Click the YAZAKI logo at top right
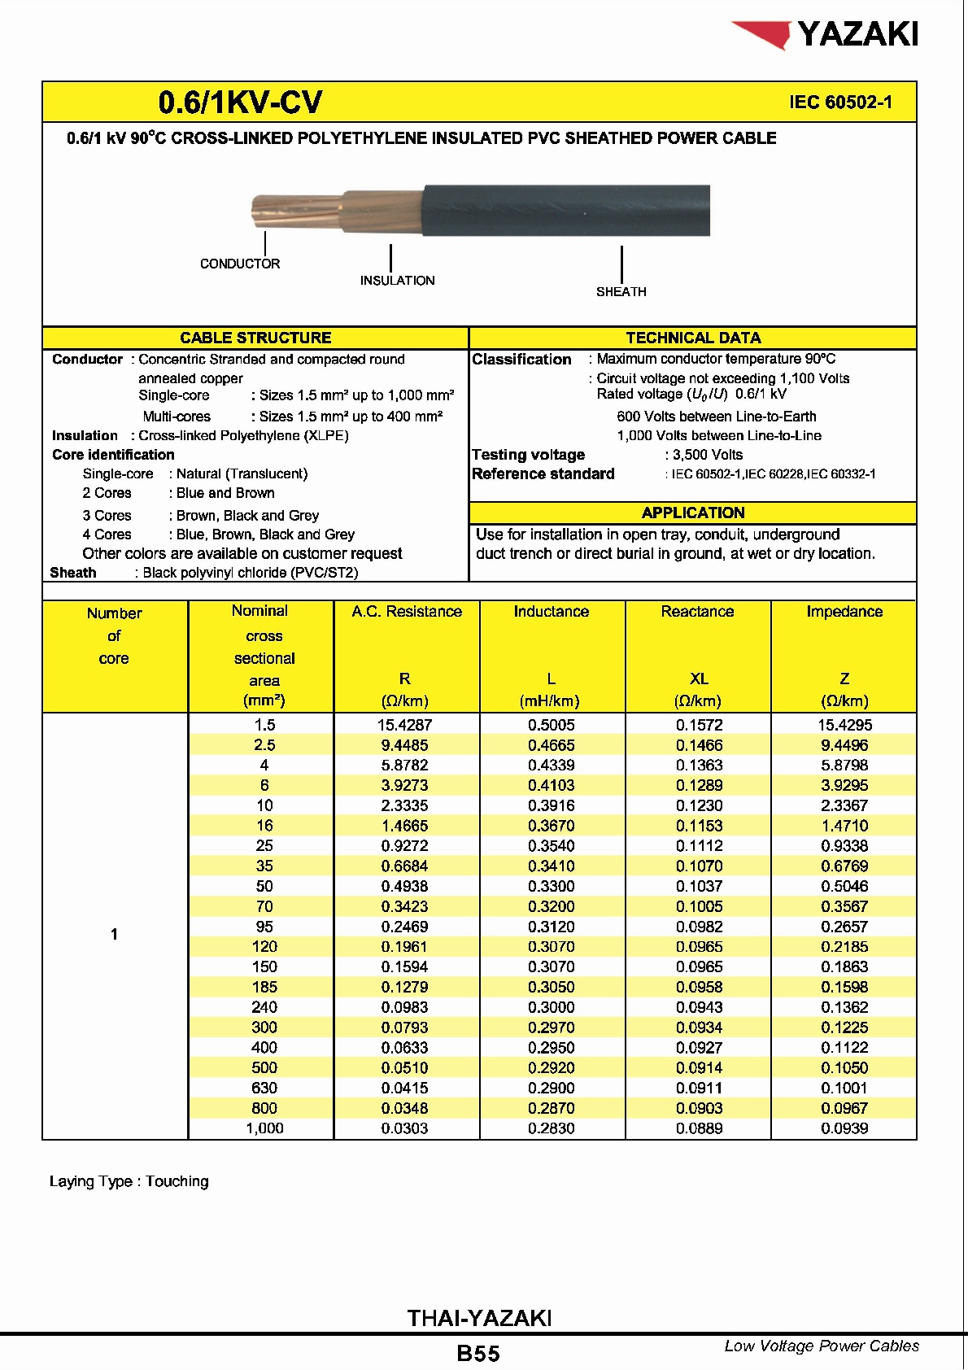(826, 35)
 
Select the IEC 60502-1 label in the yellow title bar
(840, 103)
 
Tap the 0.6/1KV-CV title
(240, 103)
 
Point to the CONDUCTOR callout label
(240, 264)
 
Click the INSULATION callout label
(397, 281)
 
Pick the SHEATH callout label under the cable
(621, 292)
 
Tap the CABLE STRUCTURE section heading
(255, 338)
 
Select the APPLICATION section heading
(692, 513)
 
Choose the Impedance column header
(844, 612)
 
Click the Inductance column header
(551, 612)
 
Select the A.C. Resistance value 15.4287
(406, 725)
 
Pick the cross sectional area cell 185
(264, 987)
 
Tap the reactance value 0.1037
(699, 886)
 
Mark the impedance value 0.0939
(844, 1128)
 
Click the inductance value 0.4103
(551, 785)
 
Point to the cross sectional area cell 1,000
(264, 1128)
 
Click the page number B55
(478, 1354)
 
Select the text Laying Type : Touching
(129, 1181)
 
